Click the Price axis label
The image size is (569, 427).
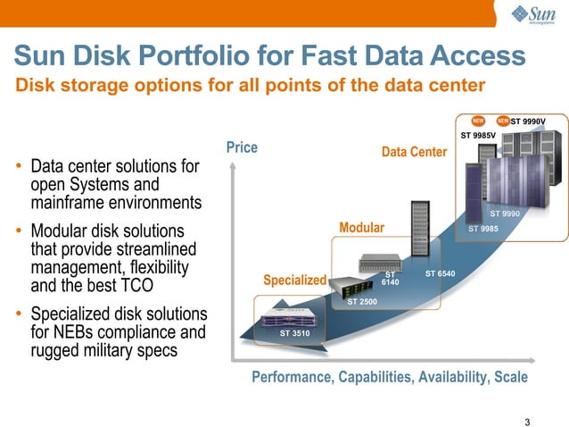coord(242,147)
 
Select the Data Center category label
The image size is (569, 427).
coord(414,153)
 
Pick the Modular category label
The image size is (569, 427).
coord(361,228)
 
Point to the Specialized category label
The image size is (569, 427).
coord(294,280)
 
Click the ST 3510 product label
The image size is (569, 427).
coord(294,333)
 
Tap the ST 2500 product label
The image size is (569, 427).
coord(361,303)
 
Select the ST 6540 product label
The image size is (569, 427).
coord(441,273)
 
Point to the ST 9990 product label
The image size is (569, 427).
coord(505,213)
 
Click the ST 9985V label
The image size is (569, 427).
coord(478,136)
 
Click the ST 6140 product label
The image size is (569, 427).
coord(390,279)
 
